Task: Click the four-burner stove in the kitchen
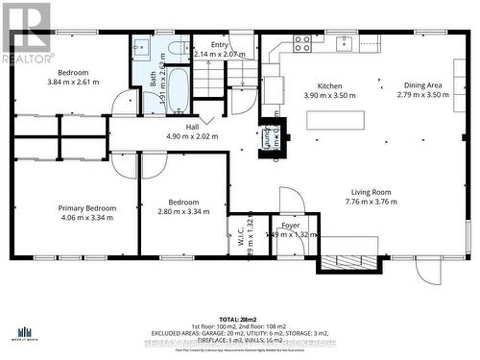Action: pos(302,44)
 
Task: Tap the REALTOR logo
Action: pos(26,34)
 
